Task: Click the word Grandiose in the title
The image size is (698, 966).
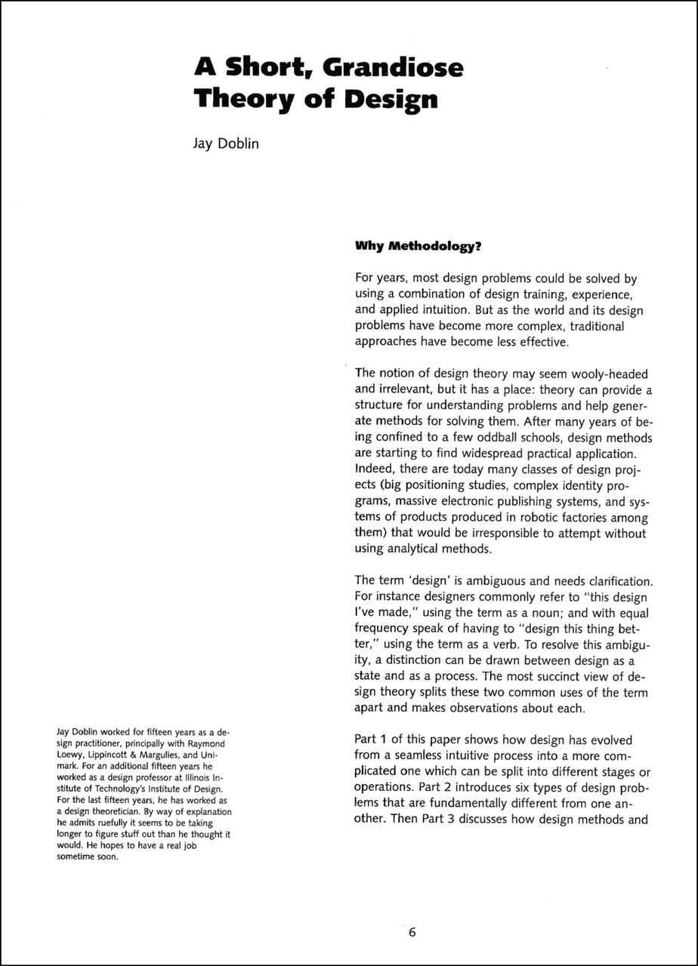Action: click(393, 69)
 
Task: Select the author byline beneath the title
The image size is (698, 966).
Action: click(226, 143)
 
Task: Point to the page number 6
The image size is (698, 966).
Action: click(412, 932)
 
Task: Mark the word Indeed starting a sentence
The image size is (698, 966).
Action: click(375, 469)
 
